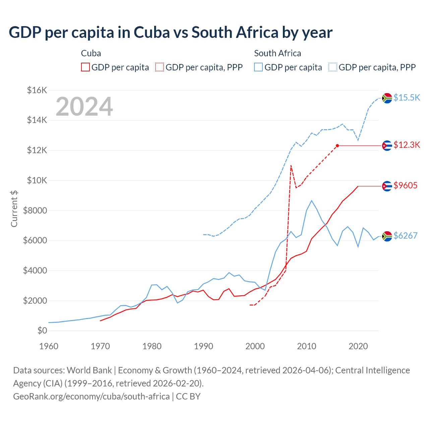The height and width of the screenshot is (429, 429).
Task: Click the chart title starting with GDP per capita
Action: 171,33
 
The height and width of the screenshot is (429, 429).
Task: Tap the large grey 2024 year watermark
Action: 84,107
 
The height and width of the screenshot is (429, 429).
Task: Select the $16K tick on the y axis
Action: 37,90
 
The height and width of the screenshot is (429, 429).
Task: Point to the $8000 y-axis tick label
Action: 35,210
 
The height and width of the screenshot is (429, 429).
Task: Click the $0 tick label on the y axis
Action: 42,330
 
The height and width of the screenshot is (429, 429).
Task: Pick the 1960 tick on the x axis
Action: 49,346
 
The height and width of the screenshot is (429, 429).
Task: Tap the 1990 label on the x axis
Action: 203,346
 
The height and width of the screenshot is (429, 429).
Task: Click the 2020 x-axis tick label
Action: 358,346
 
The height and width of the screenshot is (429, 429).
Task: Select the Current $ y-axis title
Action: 14,208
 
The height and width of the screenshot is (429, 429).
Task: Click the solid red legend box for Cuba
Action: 85,67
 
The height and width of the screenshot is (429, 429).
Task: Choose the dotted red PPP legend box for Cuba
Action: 160,67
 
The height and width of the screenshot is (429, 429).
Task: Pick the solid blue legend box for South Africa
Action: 258,67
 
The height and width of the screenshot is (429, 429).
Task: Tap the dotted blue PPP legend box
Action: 333,67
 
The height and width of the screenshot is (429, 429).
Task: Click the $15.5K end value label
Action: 407,98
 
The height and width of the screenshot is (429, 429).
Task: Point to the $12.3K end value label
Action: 407,145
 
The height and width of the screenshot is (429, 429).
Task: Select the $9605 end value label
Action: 405,185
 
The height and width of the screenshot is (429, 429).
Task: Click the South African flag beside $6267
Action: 387,236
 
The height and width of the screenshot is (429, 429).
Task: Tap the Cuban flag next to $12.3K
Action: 387,145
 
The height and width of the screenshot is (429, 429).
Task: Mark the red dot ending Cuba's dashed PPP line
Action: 338,145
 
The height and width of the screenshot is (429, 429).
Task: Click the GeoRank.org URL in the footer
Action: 91,396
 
